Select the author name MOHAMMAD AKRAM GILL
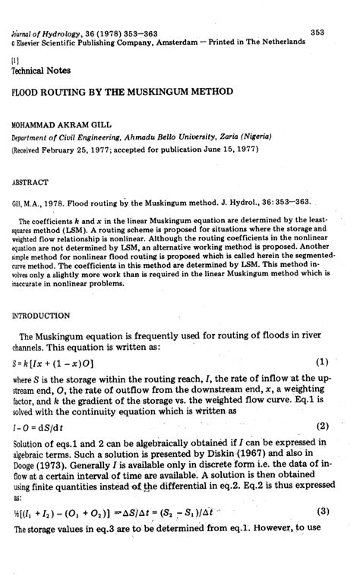click(61, 122)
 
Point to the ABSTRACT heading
click(30, 181)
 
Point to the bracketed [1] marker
click(14, 57)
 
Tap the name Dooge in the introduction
click(24, 470)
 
